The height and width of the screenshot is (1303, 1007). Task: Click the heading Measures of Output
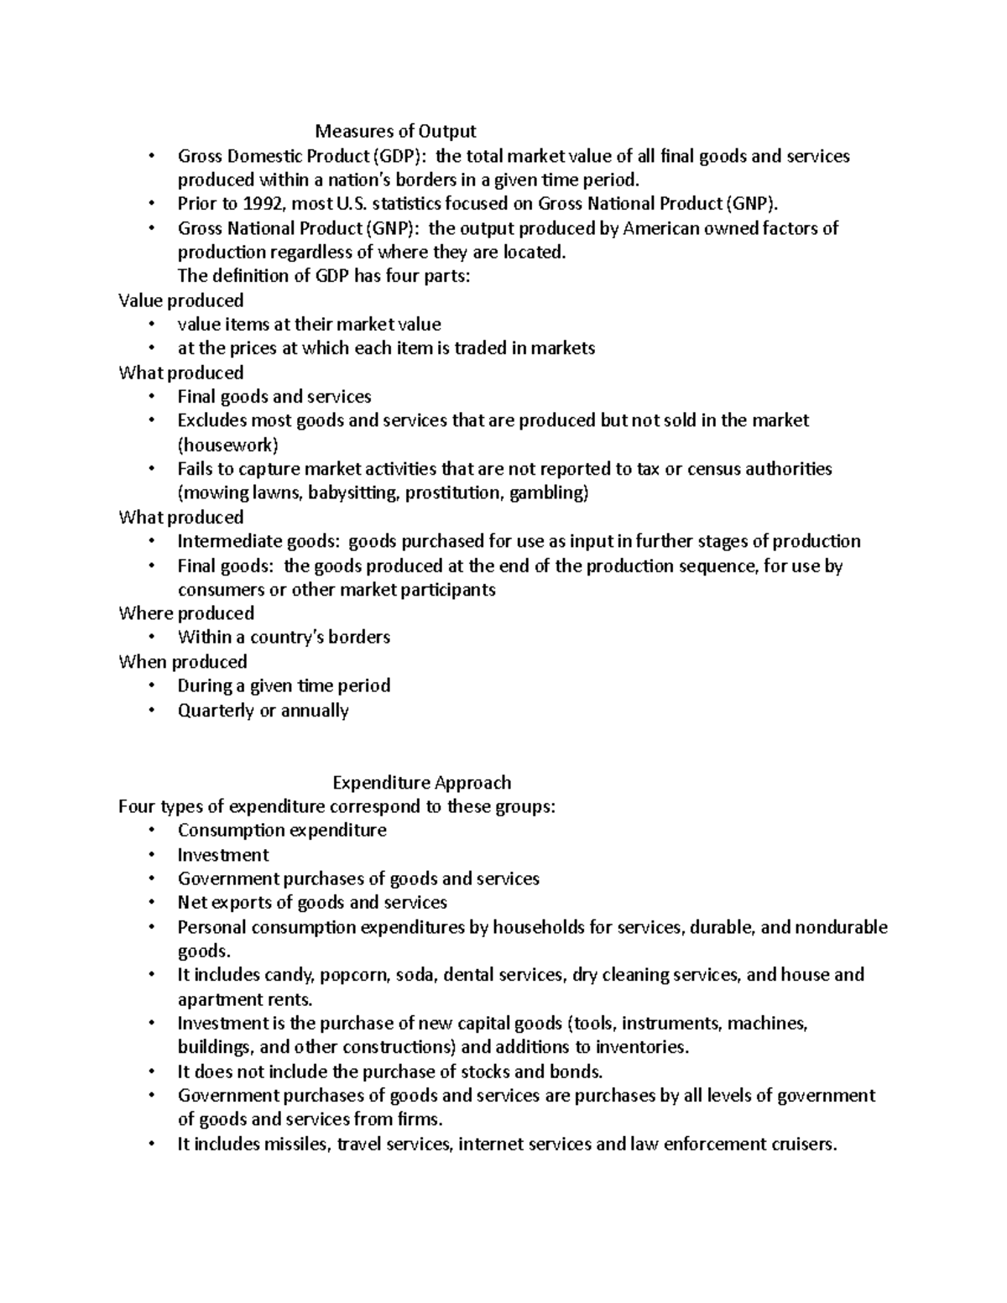(x=394, y=131)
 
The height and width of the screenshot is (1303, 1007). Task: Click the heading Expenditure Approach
(x=421, y=783)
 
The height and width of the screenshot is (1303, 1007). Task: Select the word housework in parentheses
(x=227, y=445)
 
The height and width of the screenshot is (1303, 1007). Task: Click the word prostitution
(x=454, y=493)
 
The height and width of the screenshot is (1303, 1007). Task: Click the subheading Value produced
(x=181, y=300)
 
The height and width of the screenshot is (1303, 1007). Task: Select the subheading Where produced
(x=186, y=613)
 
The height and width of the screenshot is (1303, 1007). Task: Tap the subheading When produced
(x=183, y=662)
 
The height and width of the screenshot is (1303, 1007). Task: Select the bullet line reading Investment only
(x=223, y=855)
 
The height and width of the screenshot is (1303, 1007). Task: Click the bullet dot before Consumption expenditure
(x=151, y=831)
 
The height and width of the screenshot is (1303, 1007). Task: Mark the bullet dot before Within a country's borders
(x=151, y=638)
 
